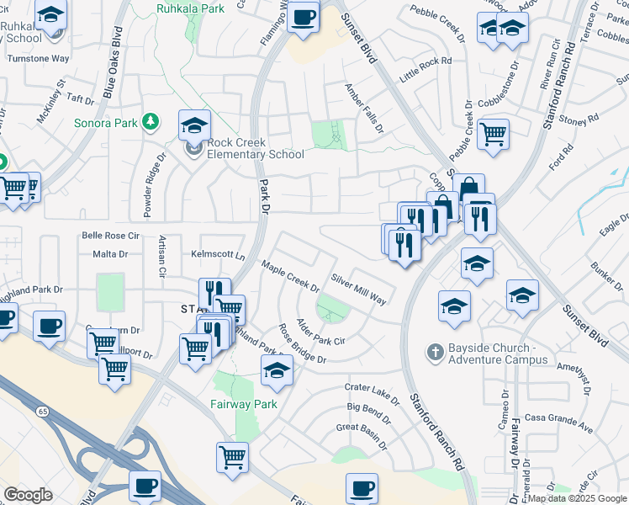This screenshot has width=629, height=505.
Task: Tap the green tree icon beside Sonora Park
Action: coord(151,123)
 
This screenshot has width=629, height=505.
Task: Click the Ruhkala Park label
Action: coord(190,8)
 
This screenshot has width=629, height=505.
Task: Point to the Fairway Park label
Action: coord(243,404)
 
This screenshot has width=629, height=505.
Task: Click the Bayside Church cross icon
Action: coord(435,350)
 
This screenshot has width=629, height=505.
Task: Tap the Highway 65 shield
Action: coord(41,411)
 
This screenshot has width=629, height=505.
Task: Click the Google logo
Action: coord(28,495)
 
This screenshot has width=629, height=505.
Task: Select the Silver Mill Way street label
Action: coord(358,289)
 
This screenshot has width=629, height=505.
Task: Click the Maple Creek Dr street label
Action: coord(290,274)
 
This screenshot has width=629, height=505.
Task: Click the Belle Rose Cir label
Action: coord(108,236)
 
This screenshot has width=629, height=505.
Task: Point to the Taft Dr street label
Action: coord(81,98)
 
